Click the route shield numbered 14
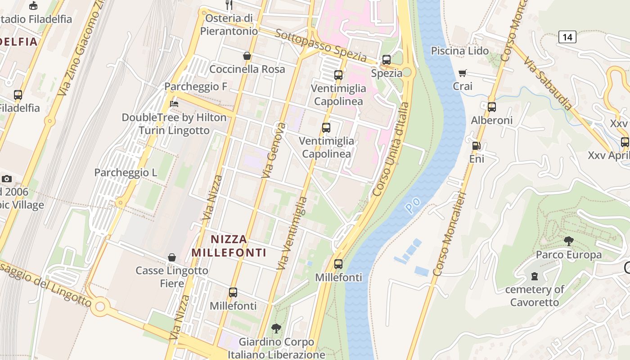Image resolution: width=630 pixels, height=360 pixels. [567, 37]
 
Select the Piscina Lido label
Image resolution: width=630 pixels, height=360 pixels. [459, 51]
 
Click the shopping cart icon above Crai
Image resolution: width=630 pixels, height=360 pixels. [462, 73]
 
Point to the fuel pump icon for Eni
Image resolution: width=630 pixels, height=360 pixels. [476, 146]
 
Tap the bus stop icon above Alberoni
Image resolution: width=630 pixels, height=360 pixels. [491, 107]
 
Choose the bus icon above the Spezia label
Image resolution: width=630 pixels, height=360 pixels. [386, 59]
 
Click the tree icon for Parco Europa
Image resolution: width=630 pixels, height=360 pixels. [568, 241]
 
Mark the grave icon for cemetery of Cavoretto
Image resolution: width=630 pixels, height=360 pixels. [534, 276]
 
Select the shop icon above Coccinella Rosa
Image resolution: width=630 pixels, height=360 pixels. [247, 56]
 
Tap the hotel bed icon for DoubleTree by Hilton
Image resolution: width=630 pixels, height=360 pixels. [174, 104]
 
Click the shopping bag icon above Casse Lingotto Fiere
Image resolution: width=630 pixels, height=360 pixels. [171, 257]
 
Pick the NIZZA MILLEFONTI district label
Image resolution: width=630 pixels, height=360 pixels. [229, 246]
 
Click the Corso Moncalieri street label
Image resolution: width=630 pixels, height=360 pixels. [449, 234]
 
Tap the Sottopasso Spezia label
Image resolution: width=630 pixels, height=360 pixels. [321, 45]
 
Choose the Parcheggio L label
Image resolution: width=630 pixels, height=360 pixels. [126, 172]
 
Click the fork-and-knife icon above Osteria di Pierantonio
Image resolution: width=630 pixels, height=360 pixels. [229, 5]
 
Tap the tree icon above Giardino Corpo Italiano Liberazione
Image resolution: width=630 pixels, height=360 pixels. [276, 328]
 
